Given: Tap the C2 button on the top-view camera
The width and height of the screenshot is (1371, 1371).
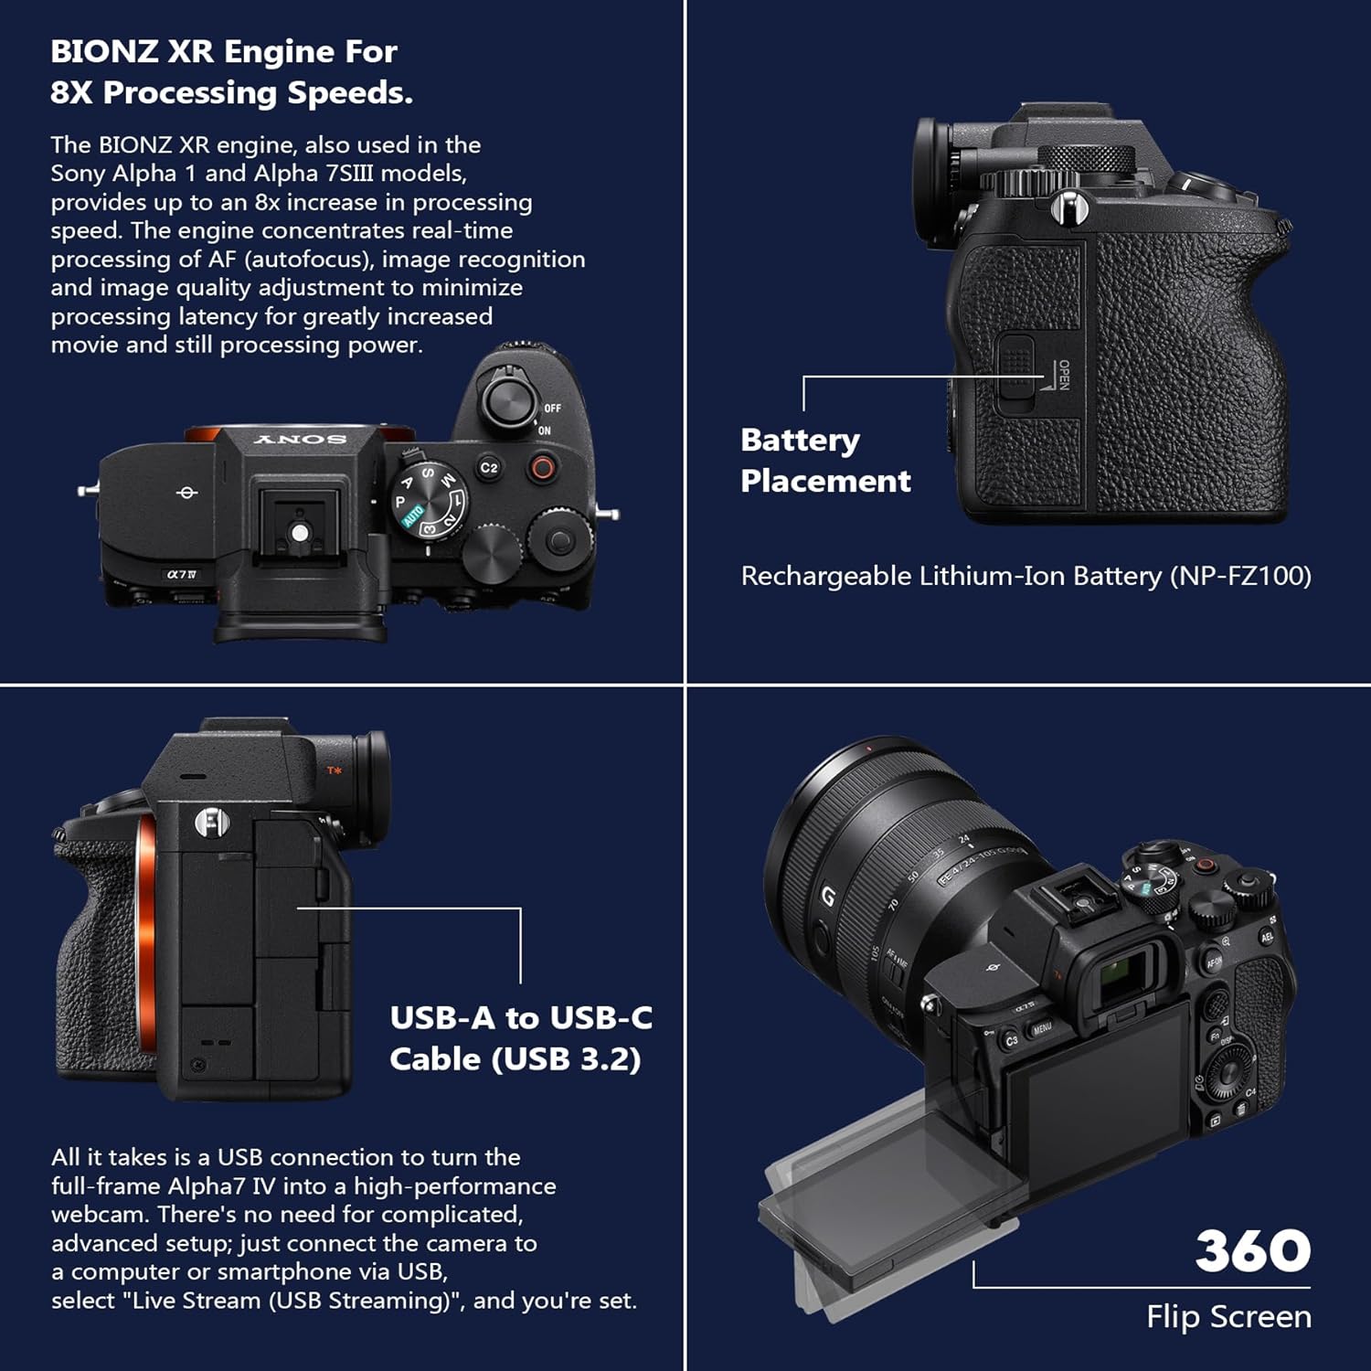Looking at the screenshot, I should tap(489, 468).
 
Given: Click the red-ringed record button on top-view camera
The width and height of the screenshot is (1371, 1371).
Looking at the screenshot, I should tap(542, 469).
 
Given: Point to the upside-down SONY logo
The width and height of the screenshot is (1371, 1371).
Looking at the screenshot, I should tap(300, 440).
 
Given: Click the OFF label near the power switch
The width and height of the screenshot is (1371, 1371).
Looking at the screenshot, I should tap(552, 409).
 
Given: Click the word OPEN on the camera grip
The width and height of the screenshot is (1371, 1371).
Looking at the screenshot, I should tap(1064, 375).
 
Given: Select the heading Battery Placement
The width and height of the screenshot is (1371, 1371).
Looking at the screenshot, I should tap(824, 461).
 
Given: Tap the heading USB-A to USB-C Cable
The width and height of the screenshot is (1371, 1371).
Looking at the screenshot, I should tap(520, 1038).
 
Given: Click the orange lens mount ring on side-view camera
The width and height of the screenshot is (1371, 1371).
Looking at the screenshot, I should tap(145, 923).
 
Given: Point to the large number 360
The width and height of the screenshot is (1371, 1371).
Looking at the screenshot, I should tap(1252, 1250).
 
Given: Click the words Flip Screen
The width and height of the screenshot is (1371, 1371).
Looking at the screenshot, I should tap(1228, 1316).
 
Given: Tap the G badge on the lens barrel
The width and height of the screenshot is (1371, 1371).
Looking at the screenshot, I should tap(827, 896).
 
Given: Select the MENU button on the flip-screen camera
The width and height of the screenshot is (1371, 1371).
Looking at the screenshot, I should tap(1042, 1028).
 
